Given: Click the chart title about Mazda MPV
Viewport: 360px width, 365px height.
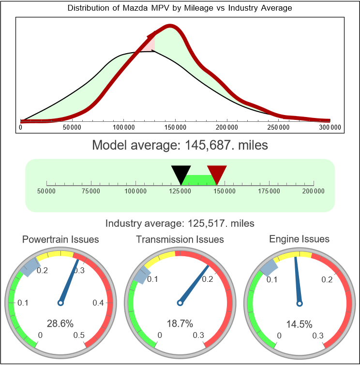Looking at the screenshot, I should [180, 8].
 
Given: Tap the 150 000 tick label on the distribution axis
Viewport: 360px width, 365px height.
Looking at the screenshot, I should [175, 127].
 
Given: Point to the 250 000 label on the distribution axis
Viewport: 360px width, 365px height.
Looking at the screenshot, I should [278, 127].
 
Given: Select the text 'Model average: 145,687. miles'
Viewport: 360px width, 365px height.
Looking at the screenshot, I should [180, 145].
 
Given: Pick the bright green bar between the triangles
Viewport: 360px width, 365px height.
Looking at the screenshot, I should [199, 179].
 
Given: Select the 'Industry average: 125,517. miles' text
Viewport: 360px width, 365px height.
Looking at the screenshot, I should [180, 223].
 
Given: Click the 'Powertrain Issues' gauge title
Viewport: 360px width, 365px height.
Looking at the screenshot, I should [60, 239].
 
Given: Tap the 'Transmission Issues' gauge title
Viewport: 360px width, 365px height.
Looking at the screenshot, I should [180, 239].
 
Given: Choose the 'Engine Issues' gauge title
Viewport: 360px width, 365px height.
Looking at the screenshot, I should [299, 239].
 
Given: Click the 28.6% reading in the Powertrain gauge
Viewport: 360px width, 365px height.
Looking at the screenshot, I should [60, 323].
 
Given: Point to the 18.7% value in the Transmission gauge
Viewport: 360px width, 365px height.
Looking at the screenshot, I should [180, 323].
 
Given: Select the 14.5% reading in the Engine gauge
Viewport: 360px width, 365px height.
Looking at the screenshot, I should [299, 323].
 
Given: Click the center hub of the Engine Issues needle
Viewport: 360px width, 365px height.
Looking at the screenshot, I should [299, 303].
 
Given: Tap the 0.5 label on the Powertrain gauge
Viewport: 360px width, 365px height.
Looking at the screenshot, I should [79, 336].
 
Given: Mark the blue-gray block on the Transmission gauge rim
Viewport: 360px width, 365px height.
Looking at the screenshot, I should [140, 277].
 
